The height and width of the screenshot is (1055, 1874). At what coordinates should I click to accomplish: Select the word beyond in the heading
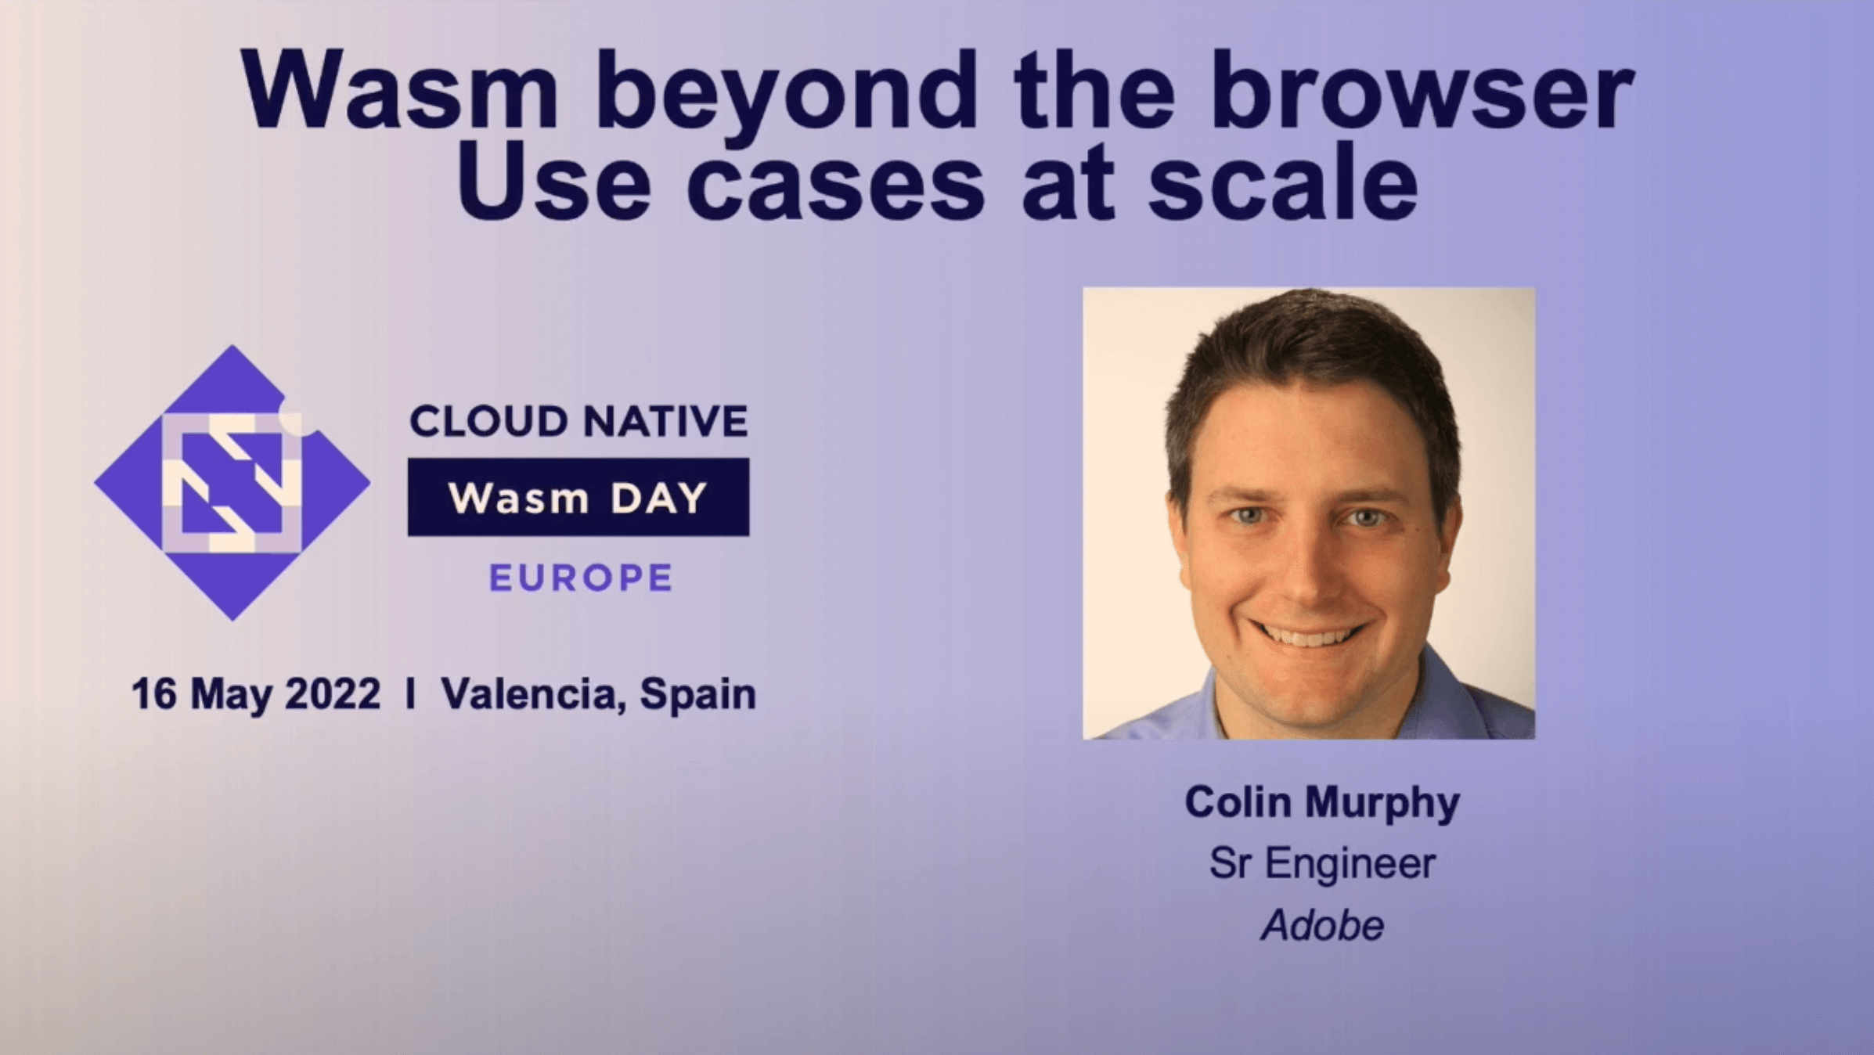(x=788, y=97)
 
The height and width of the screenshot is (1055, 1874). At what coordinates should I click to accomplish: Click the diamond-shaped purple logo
(x=232, y=483)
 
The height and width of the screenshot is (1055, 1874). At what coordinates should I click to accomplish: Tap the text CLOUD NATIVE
(x=579, y=421)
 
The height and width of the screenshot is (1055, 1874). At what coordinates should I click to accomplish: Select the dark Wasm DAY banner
(x=578, y=497)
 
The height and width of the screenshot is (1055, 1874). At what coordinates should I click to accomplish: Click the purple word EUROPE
(x=581, y=578)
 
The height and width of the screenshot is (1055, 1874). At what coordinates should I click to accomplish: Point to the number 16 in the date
(x=154, y=694)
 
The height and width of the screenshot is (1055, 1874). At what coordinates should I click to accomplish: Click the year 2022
(x=333, y=694)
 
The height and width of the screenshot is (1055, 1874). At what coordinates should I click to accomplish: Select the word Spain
(x=697, y=695)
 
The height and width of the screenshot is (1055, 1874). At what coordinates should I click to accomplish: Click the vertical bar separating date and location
(x=411, y=694)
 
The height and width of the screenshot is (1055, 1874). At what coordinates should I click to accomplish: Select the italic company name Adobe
(x=1322, y=925)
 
